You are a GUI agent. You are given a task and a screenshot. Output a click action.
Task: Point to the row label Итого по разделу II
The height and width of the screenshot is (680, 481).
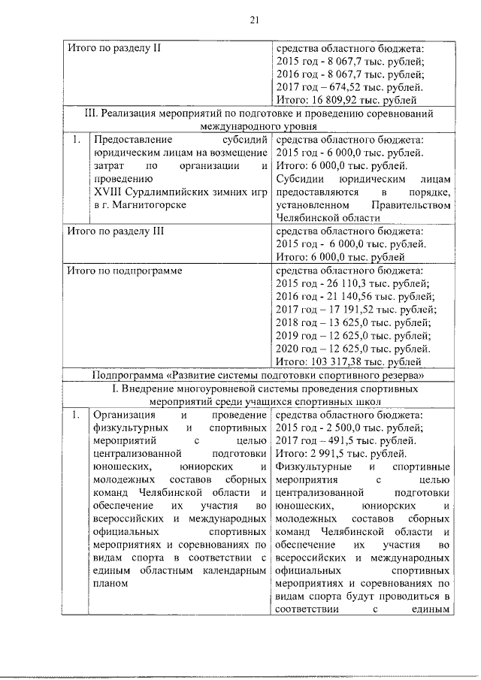(x=113, y=48)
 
